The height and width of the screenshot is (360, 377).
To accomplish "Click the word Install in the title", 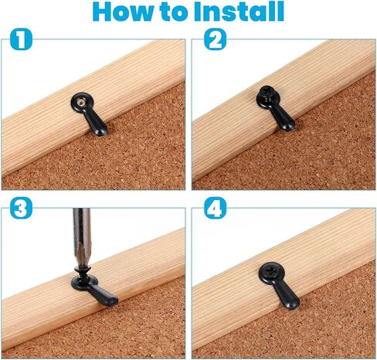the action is click(239, 12).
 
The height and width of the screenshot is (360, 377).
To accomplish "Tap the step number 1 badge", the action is click(21, 39).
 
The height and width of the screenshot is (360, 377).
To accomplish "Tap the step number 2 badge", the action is click(215, 39).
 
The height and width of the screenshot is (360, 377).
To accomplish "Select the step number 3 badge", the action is click(21, 208).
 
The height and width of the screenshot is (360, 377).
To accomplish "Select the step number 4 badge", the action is click(215, 208).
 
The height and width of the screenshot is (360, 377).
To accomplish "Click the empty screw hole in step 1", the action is click(81, 102).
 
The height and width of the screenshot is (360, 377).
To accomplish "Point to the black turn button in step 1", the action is click(89, 114).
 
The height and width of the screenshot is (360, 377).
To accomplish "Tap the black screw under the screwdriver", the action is click(83, 274).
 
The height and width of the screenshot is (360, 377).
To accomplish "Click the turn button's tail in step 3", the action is click(107, 296).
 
